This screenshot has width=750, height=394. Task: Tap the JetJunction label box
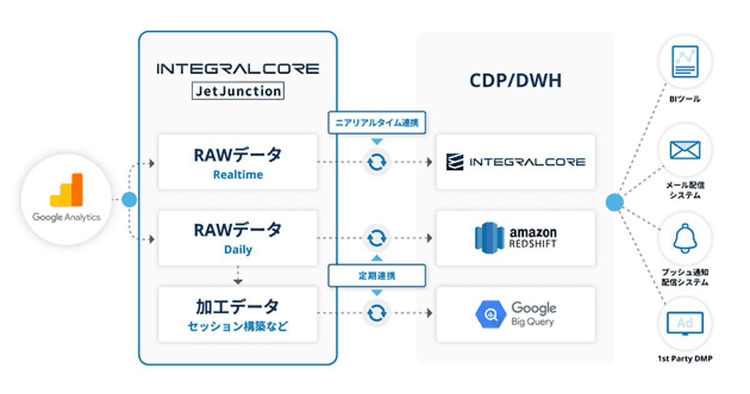237,91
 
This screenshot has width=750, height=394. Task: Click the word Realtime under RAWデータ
237,175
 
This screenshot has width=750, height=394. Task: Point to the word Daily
237,250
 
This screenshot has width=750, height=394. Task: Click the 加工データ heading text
237,306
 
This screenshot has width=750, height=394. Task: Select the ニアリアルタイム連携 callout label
377,123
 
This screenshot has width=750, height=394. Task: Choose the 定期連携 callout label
377,275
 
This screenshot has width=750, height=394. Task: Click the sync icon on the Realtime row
377,162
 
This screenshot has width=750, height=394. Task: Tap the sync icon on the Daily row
377,238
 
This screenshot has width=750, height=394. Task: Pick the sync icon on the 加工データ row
377,313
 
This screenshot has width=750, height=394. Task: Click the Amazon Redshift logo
516,238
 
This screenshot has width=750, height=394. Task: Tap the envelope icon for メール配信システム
685,150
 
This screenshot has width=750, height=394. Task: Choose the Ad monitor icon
685,324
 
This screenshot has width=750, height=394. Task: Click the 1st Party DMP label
685,359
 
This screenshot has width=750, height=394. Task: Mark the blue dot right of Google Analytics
129,200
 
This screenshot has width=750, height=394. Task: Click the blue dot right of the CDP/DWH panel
614,202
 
